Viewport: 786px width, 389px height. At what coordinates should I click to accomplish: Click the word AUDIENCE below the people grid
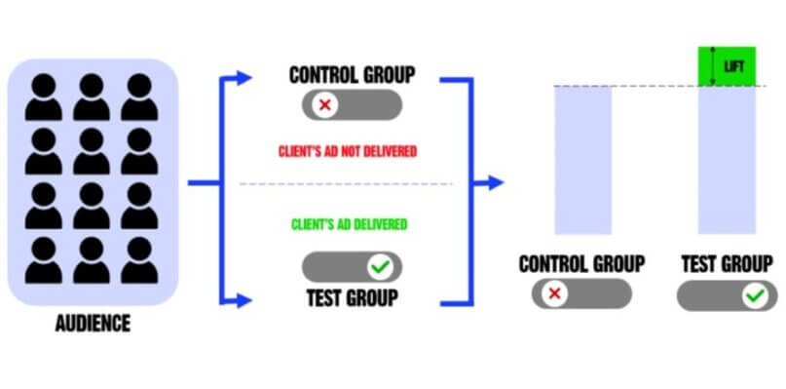[93, 323]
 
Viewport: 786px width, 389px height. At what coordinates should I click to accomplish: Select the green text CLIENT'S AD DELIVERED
[349, 224]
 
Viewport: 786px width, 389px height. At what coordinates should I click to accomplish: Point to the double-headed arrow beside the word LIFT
[714, 65]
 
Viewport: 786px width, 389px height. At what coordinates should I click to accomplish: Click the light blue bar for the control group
[583, 160]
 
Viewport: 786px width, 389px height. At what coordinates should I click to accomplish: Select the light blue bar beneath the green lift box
[728, 160]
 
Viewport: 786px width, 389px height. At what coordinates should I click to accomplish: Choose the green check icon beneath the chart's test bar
[753, 295]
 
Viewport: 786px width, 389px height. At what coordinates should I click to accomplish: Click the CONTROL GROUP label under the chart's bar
[581, 263]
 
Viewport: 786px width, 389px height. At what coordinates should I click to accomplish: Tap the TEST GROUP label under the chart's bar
[728, 263]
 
